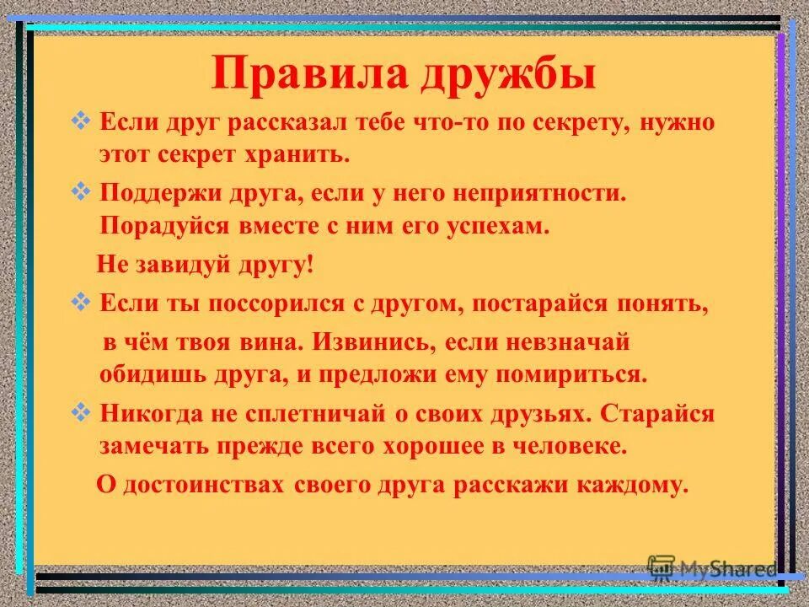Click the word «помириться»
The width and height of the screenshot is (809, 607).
coord(581,374)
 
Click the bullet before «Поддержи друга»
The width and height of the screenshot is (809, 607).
coord(83,192)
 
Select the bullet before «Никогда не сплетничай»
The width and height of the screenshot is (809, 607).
coord(83,412)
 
